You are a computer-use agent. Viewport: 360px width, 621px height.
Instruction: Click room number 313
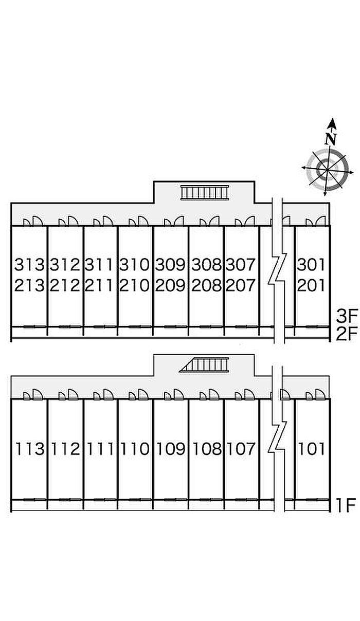[x=29, y=264]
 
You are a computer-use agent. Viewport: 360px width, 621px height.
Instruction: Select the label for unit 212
[x=65, y=285]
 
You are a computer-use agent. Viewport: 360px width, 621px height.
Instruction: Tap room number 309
[x=170, y=264]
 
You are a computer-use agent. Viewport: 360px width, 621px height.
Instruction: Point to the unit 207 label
[x=240, y=285]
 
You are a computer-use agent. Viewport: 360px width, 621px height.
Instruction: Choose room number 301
[x=311, y=264]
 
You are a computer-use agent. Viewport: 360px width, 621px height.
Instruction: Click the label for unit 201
[x=311, y=285]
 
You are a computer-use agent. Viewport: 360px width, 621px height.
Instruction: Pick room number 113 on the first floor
[x=30, y=449]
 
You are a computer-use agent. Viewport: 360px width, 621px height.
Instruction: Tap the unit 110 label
[x=135, y=449]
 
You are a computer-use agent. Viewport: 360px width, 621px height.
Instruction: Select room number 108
[x=207, y=449]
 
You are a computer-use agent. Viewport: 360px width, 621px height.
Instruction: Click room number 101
[x=311, y=449]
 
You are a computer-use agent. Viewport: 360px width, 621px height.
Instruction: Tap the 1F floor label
[x=346, y=505]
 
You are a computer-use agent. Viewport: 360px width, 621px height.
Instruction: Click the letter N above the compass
[x=331, y=139]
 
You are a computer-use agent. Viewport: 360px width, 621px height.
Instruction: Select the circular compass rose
[x=328, y=170]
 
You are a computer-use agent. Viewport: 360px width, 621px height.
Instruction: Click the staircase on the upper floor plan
[x=205, y=192]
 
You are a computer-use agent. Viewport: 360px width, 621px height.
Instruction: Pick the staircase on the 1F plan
[x=204, y=365]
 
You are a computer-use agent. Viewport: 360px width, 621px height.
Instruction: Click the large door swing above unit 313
[x=38, y=222]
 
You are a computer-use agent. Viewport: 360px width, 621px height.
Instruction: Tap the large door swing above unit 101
[x=320, y=394]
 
